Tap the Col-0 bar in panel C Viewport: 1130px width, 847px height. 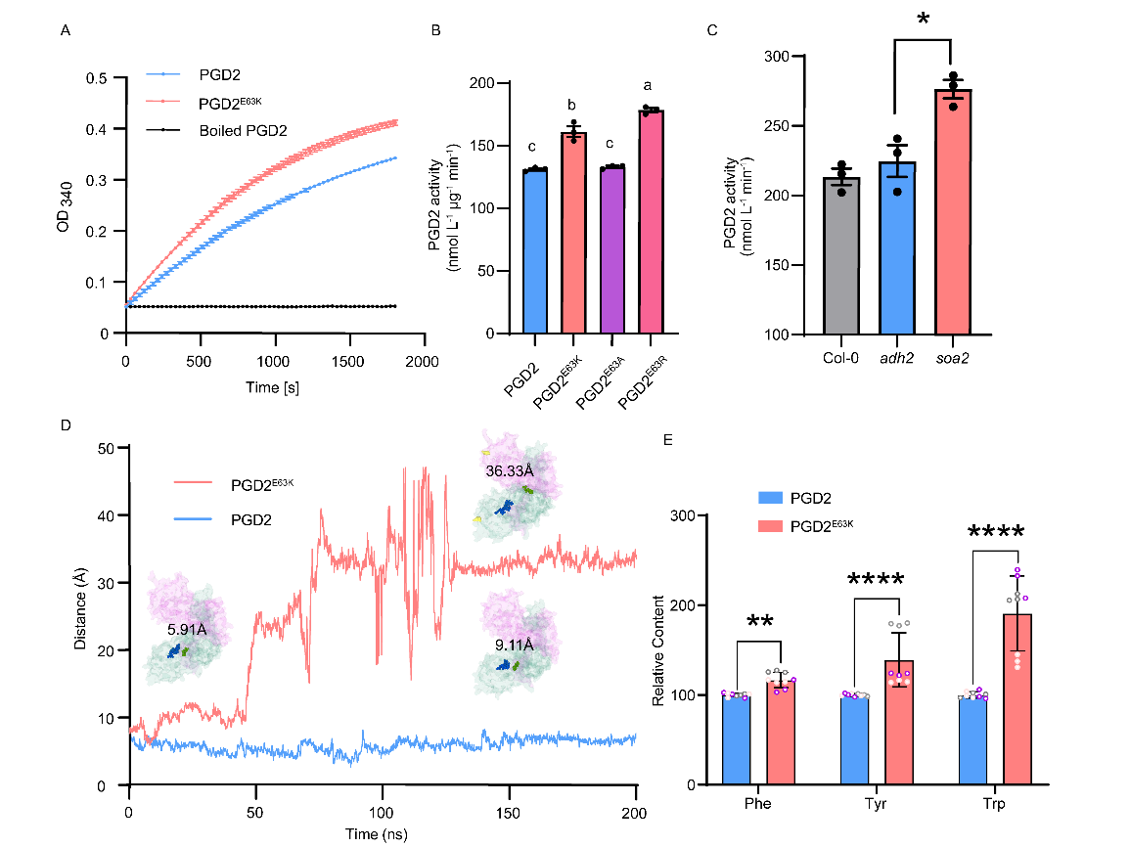coord(841,255)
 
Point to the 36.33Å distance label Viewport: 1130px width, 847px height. coord(510,470)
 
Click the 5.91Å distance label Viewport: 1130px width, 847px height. coord(187,630)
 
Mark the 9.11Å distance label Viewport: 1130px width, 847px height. coord(514,646)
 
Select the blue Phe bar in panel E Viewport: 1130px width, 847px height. coord(735,739)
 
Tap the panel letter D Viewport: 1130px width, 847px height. coord(65,426)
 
